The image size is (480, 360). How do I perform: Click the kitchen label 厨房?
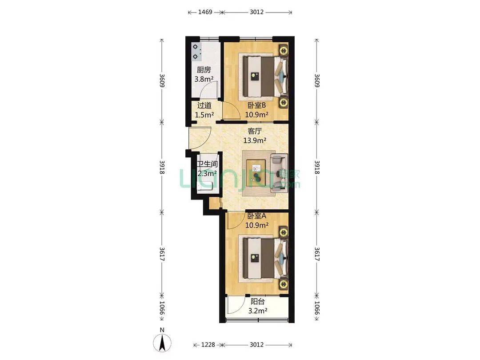[x=204, y=70]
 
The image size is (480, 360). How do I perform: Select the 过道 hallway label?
[x=204, y=106]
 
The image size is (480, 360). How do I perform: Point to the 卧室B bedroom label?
[x=256, y=106]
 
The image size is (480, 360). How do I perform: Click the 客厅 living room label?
[x=254, y=131]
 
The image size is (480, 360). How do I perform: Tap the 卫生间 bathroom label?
[x=207, y=164]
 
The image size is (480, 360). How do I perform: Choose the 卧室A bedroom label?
[x=256, y=216]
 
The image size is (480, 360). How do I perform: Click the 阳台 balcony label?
[x=257, y=301]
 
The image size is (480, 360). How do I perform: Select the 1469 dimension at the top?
[x=205, y=12]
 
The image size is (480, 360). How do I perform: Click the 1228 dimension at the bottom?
[x=208, y=345]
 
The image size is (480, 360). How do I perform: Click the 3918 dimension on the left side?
[x=162, y=168]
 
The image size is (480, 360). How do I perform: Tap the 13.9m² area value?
[x=255, y=141]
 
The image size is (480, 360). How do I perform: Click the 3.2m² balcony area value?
[x=257, y=311]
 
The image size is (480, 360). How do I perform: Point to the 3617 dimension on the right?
[x=317, y=254]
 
